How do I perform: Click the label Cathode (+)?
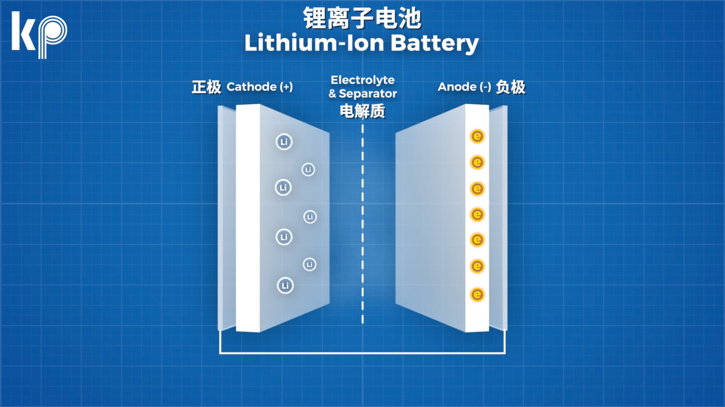point(259,87)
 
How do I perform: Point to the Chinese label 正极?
point(206,87)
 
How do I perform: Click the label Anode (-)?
point(464,87)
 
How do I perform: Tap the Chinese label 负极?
point(510,87)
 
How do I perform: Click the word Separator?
point(368,93)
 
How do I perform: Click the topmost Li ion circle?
point(284,142)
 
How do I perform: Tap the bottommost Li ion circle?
point(285,286)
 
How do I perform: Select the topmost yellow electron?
point(477,136)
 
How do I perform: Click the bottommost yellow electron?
point(477,294)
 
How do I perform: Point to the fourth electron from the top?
point(477,215)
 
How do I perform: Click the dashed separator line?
point(363,225)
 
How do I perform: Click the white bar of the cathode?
point(248,218)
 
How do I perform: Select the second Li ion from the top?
point(308,170)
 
